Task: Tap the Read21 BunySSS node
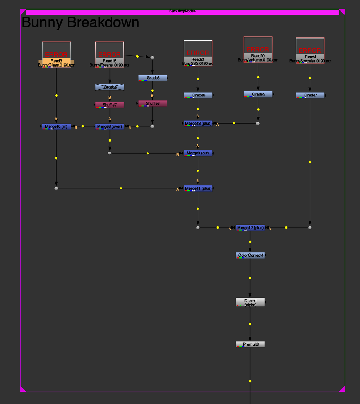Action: point(198,53)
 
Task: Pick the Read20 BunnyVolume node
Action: point(258,50)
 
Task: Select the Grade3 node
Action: point(153,78)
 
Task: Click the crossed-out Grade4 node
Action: point(109,87)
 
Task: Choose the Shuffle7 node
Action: point(109,105)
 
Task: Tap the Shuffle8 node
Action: point(153,104)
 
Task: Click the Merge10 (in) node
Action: point(56,126)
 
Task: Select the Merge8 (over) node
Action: point(109,126)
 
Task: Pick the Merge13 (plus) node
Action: point(198,124)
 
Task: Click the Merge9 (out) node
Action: point(198,153)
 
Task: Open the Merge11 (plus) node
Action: point(198,188)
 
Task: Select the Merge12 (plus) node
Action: point(250,228)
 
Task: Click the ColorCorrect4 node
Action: point(250,256)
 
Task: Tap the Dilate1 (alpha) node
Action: point(250,302)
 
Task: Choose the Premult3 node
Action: point(250,345)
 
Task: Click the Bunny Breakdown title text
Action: point(80,22)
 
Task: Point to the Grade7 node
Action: point(310,95)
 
